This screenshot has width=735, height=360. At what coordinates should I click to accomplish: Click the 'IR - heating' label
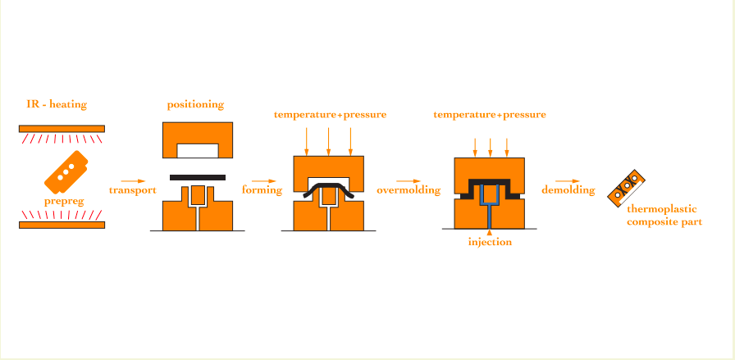click(57, 104)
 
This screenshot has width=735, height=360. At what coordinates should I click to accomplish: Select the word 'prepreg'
click(64, 202)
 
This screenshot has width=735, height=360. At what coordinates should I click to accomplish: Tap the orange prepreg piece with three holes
click(66, 172)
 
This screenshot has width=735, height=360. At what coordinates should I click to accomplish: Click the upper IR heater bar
click(62, 129)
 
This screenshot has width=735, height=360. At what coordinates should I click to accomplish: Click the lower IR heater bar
click(62, 225)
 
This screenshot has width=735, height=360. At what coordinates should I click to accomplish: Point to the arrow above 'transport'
click(133, 181)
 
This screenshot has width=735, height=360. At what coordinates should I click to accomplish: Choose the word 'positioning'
click(195, 104)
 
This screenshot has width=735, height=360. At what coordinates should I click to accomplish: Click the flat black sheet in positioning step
click(198, 178)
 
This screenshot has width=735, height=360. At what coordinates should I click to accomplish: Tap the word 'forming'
click(262, 190)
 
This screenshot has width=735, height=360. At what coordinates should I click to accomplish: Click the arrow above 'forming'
click(264, 181)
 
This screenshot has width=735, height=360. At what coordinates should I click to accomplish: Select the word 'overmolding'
click(409, 190)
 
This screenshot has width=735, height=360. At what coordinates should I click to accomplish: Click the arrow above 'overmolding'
click(409, 181)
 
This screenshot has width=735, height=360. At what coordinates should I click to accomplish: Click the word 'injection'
click(490, 243)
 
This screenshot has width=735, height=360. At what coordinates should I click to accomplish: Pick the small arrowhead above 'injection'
click(490, 231)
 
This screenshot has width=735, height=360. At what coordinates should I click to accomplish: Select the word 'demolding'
click(568, 190)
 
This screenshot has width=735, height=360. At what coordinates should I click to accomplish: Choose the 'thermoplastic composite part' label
click(664, 216)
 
